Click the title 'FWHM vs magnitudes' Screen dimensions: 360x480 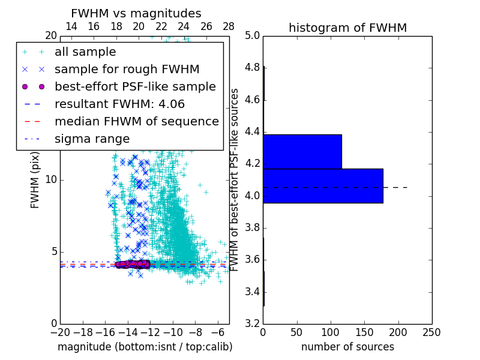point(136,14)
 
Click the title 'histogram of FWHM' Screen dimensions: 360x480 point(347,28)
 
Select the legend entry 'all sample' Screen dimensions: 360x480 point(85,52)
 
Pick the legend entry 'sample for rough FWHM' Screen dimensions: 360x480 point(127,70)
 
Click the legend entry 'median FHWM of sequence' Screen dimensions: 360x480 point(136,121)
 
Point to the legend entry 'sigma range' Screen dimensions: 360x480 point(92,139)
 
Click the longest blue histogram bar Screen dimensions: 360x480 point(323,186)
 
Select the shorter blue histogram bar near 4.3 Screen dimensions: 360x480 point(302,151)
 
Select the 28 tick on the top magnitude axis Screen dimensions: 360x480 point(229,26)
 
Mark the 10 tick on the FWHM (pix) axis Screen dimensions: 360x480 point(50,180)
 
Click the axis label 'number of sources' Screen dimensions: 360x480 point(347,347)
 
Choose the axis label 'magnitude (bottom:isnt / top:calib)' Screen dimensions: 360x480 point(145,347)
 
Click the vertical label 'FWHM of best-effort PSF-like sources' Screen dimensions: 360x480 point(235,179)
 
